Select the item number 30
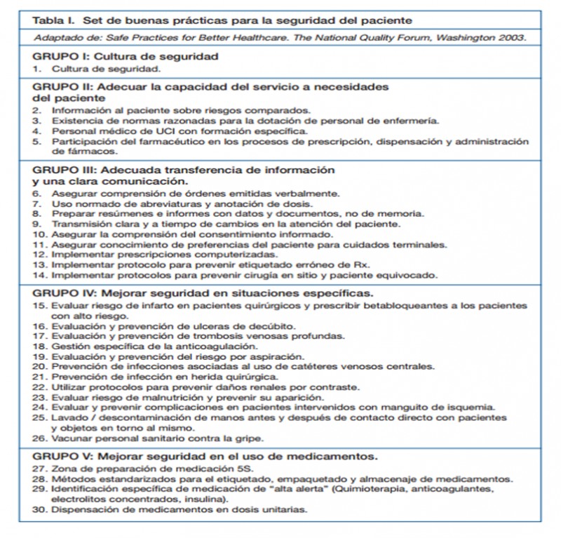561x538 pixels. click(40, 510)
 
